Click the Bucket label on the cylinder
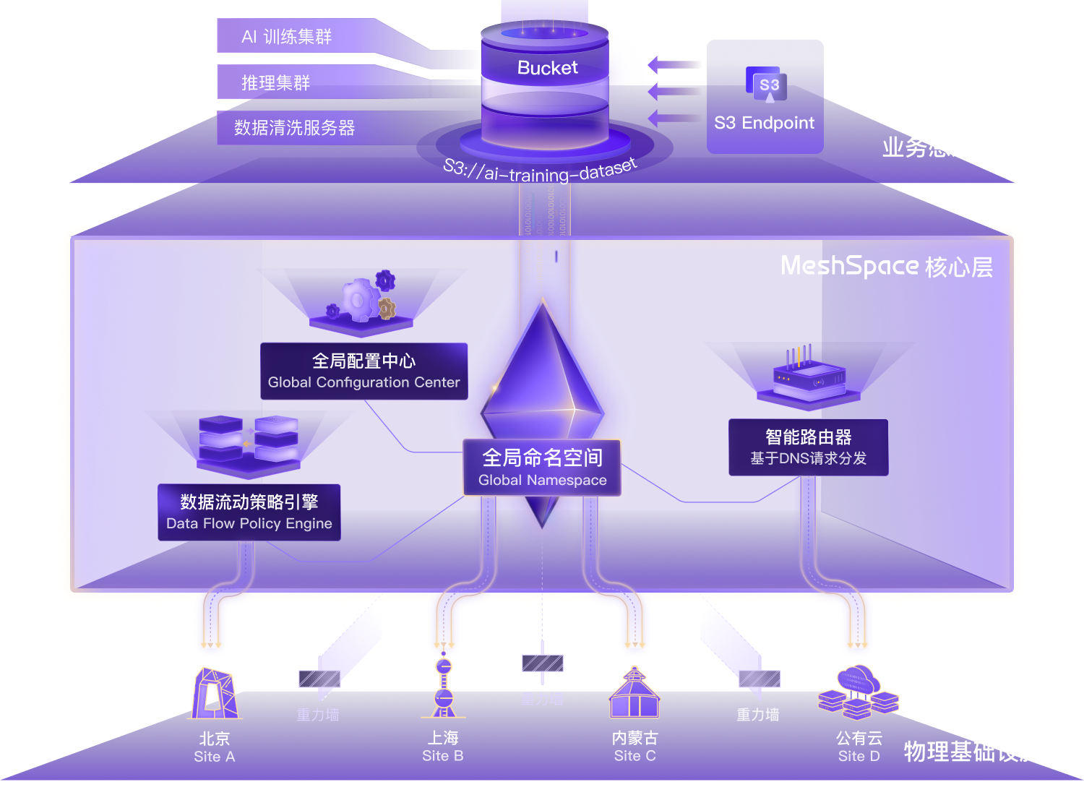[547, 68]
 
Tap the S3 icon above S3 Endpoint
[769, 86]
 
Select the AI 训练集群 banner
[287, 37]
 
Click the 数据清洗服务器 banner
[295, 128]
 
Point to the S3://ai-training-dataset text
[541, 171]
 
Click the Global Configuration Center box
[364, 371]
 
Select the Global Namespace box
[542, 468]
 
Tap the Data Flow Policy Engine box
[249, 512]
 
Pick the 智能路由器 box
[808, 447]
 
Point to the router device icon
[809, 376]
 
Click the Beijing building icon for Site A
[214, 695]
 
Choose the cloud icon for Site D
[858, 693]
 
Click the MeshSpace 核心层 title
[886, 267]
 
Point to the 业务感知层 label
[939, 147]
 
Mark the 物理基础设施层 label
[984, 752]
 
